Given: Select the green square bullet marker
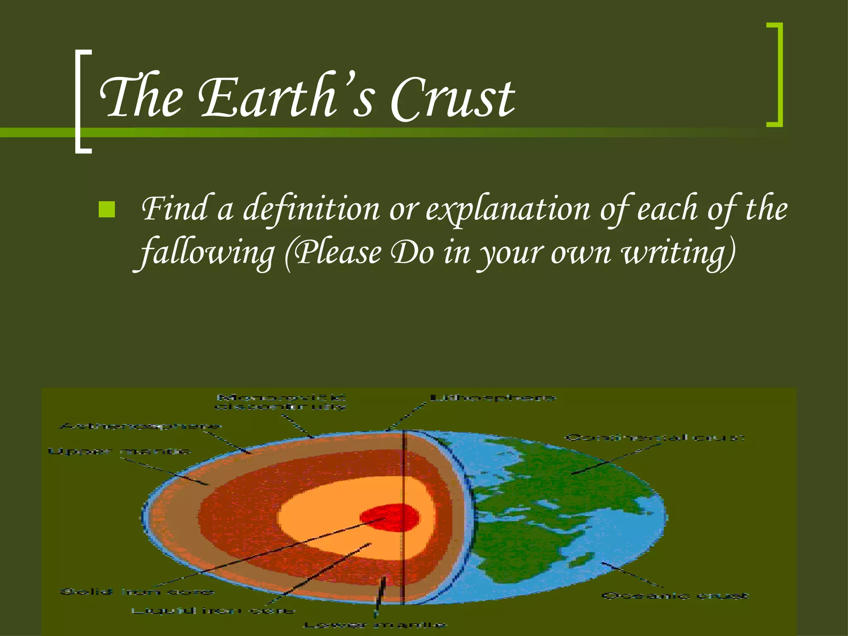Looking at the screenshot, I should pyautogui.click(x=107, y=210).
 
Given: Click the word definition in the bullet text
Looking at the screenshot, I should pyautogui.click(x=311, y=210).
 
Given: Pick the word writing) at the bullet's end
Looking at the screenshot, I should pyautogui.click(x=679, y=253).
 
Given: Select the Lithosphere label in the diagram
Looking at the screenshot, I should pyautogui.click(x=493, y=398).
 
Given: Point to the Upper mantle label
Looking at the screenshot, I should pyautogui.click(x=119, y=451).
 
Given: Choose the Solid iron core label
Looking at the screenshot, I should pyautogui.click(x=137, y=592).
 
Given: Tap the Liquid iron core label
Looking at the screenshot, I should pyautogui.click(x=213, y=611).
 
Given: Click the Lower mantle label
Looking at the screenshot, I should pyautogui.click(x=375, y=625).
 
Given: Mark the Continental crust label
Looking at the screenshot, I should pyautogui.click(x=655, y=438).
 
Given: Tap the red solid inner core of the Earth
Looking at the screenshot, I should pyautogui.click(x=389, y=518).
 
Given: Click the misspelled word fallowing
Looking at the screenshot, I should pyautogui.click(x=207, y=253).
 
